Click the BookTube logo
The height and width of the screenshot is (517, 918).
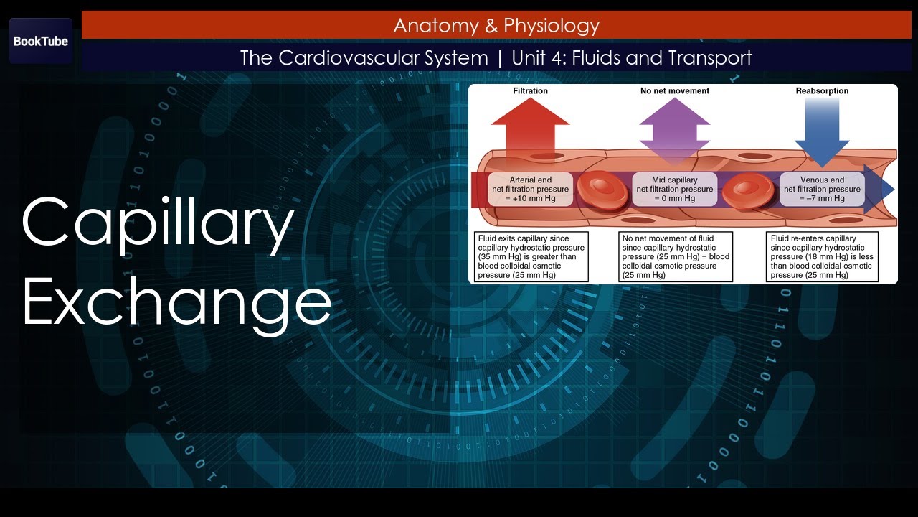[41, 41]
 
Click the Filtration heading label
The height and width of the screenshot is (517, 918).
[530, 91]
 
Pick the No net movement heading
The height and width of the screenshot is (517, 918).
[674, 91]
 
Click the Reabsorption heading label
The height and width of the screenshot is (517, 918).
[822, 91]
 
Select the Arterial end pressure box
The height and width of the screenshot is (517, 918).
[530, 189]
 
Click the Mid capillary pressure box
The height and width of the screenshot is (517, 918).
[674, 189]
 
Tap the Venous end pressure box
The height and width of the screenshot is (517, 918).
[822, 189]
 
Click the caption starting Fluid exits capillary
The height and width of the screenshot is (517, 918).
[531, 256]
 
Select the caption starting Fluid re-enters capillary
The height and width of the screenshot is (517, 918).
[822, 256]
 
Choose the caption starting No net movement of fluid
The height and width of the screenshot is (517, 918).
[676, 256]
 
